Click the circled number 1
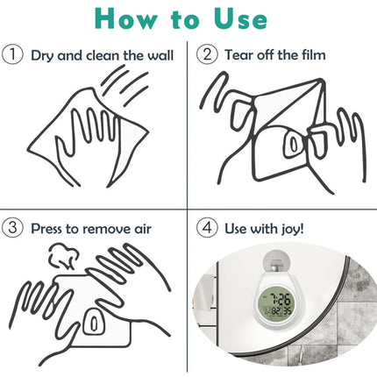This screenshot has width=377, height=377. [12, 54]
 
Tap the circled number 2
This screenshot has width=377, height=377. [207, 54]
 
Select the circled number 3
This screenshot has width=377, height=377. [12, 228]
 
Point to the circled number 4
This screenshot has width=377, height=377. [207, 228]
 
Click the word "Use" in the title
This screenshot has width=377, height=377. [240, 18]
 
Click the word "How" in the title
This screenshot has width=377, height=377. [126, 18]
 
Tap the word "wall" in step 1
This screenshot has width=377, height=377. [160, 55]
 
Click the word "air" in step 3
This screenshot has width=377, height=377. [143, 229]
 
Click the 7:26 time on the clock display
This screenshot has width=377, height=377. [279, 299]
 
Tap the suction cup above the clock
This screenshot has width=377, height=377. [275, 260]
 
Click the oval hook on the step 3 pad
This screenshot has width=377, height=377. [94, 324]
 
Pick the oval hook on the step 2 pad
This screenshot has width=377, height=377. [294, 143]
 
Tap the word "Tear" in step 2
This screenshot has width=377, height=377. [239, 54]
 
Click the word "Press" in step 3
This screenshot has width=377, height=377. [47, 229]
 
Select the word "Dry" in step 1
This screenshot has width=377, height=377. [42, 55]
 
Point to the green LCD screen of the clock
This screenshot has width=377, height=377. [275, 305]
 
